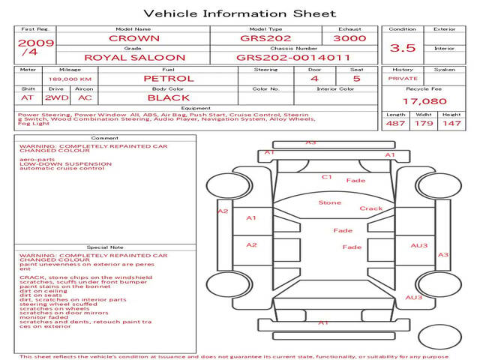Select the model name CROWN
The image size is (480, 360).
[x=133, y=38]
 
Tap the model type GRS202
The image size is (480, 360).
[x=261, y=38]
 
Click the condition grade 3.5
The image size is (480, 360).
[x=403, y=48]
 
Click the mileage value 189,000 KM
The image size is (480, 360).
[x=70, y=79]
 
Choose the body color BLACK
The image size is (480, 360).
[x=168, y=97]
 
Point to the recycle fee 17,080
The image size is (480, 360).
[x=424, y=100]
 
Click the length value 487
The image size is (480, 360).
[x=395, y=123]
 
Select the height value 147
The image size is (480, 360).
[x=451, y=123]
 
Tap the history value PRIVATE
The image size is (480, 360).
[x=402, y=78]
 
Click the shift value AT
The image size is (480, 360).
[x=28, y=97]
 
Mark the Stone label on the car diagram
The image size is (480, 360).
[x=329, y=202]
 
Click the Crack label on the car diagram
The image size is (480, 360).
[x=370, y=208]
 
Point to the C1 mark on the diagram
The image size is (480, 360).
[x=327, y=177]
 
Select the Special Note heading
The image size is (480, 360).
[x=105, y=247]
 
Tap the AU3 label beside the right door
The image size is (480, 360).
[x=418, y=245]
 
